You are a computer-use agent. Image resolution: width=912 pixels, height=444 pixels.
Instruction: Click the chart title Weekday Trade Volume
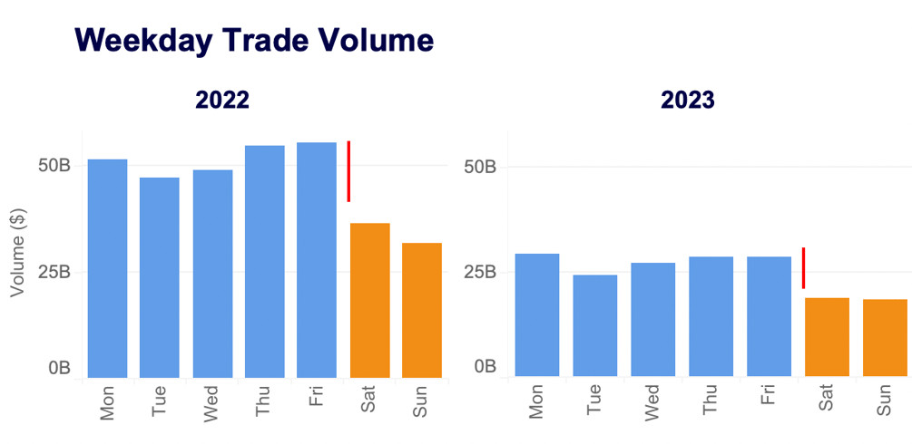[x=254, y=41]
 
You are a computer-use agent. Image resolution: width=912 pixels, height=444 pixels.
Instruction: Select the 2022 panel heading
[x=222, y=100]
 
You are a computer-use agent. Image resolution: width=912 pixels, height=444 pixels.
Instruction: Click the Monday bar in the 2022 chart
[x=107, y=268]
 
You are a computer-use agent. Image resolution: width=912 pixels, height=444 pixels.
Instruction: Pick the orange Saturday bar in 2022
[x=369, y=300]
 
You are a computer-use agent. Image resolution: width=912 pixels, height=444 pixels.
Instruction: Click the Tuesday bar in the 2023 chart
[x=595, y=325]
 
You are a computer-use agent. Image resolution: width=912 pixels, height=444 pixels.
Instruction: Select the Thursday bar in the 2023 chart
[x=711, y=316]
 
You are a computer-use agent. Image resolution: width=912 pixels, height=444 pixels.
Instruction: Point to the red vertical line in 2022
[x=348, y=171]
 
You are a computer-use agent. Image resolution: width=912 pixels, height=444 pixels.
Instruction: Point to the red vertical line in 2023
[x=803, y=268]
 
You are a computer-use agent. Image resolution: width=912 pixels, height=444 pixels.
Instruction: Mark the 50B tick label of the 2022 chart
[x=53, y=166]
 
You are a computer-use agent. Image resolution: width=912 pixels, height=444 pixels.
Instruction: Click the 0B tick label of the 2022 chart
[x=58, y=368]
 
